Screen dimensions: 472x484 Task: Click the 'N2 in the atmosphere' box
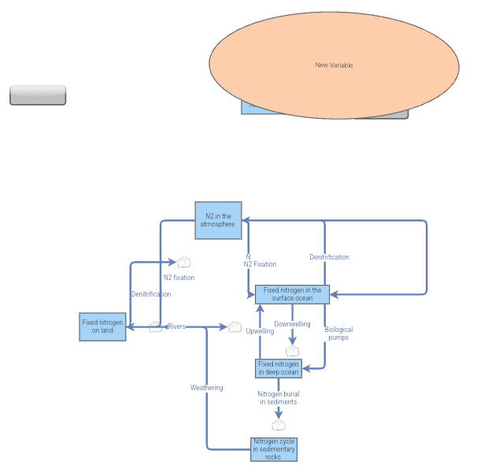tap(218, 219)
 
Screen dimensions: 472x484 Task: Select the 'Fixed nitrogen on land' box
tap(102, 326)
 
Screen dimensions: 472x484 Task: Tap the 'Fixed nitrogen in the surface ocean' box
tap(292, 294)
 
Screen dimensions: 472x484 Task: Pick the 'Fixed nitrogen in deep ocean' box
tap(279, 368)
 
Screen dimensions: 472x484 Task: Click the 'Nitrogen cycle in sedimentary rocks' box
tap(274, 449)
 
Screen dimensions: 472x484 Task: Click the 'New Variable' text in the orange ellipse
tap(334, 65)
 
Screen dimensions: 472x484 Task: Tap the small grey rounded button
tap(38, 94)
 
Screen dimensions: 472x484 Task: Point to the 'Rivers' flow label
tap(176, 326)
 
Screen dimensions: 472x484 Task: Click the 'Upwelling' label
tap(260, 331)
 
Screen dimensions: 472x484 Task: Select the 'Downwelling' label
tap(292, 324)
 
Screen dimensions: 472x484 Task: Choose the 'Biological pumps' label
tap(338, 334)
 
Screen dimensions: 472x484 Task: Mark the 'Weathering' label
tap(206, 388)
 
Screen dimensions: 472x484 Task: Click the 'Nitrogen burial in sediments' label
tap(279, 397)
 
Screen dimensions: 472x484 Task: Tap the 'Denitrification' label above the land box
tap(150, 294)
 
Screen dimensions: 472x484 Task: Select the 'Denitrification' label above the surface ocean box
tap(329, 257)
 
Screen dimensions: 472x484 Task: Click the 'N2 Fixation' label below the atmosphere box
tap(260, 264)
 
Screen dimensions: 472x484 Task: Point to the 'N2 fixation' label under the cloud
tap(179, 278)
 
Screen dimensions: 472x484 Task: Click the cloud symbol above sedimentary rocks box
tap(279, 426)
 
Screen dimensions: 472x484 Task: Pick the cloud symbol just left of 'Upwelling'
tap(235, 326)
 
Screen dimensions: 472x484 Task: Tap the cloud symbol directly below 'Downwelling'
tap(294, 351)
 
